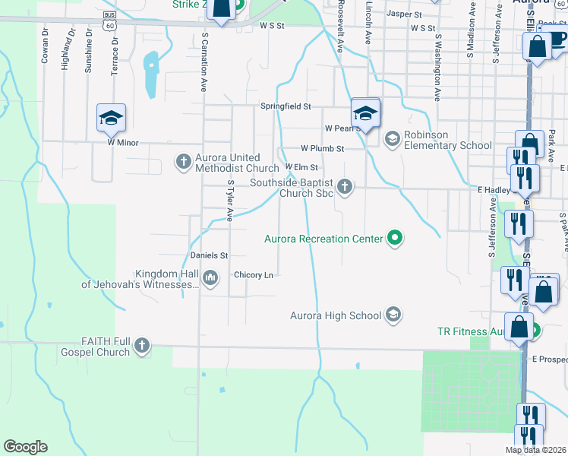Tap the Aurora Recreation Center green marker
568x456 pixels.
[x=394, y=239]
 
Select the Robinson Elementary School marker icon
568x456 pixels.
[x=392, y=138]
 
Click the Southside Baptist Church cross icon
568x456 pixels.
[x=345, y=186]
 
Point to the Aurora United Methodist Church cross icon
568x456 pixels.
[x=183, y=161]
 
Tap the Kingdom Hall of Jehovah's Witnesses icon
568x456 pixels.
[x=211, y=279]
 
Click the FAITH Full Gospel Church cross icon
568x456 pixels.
[x=142, y=347]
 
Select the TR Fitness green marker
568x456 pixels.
[x=535, y=331]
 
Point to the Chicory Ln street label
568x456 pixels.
[x=253, y=275]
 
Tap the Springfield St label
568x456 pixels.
[x=286, y=107]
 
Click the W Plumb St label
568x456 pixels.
[x=322, y=149]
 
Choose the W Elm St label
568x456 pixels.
[x=300, y=167]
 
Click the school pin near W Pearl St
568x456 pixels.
[x=364, y=114]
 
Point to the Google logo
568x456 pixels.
[x=25, y=447]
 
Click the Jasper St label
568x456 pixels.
[x=404, y=14]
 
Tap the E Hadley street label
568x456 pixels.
[x=492, y=189]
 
